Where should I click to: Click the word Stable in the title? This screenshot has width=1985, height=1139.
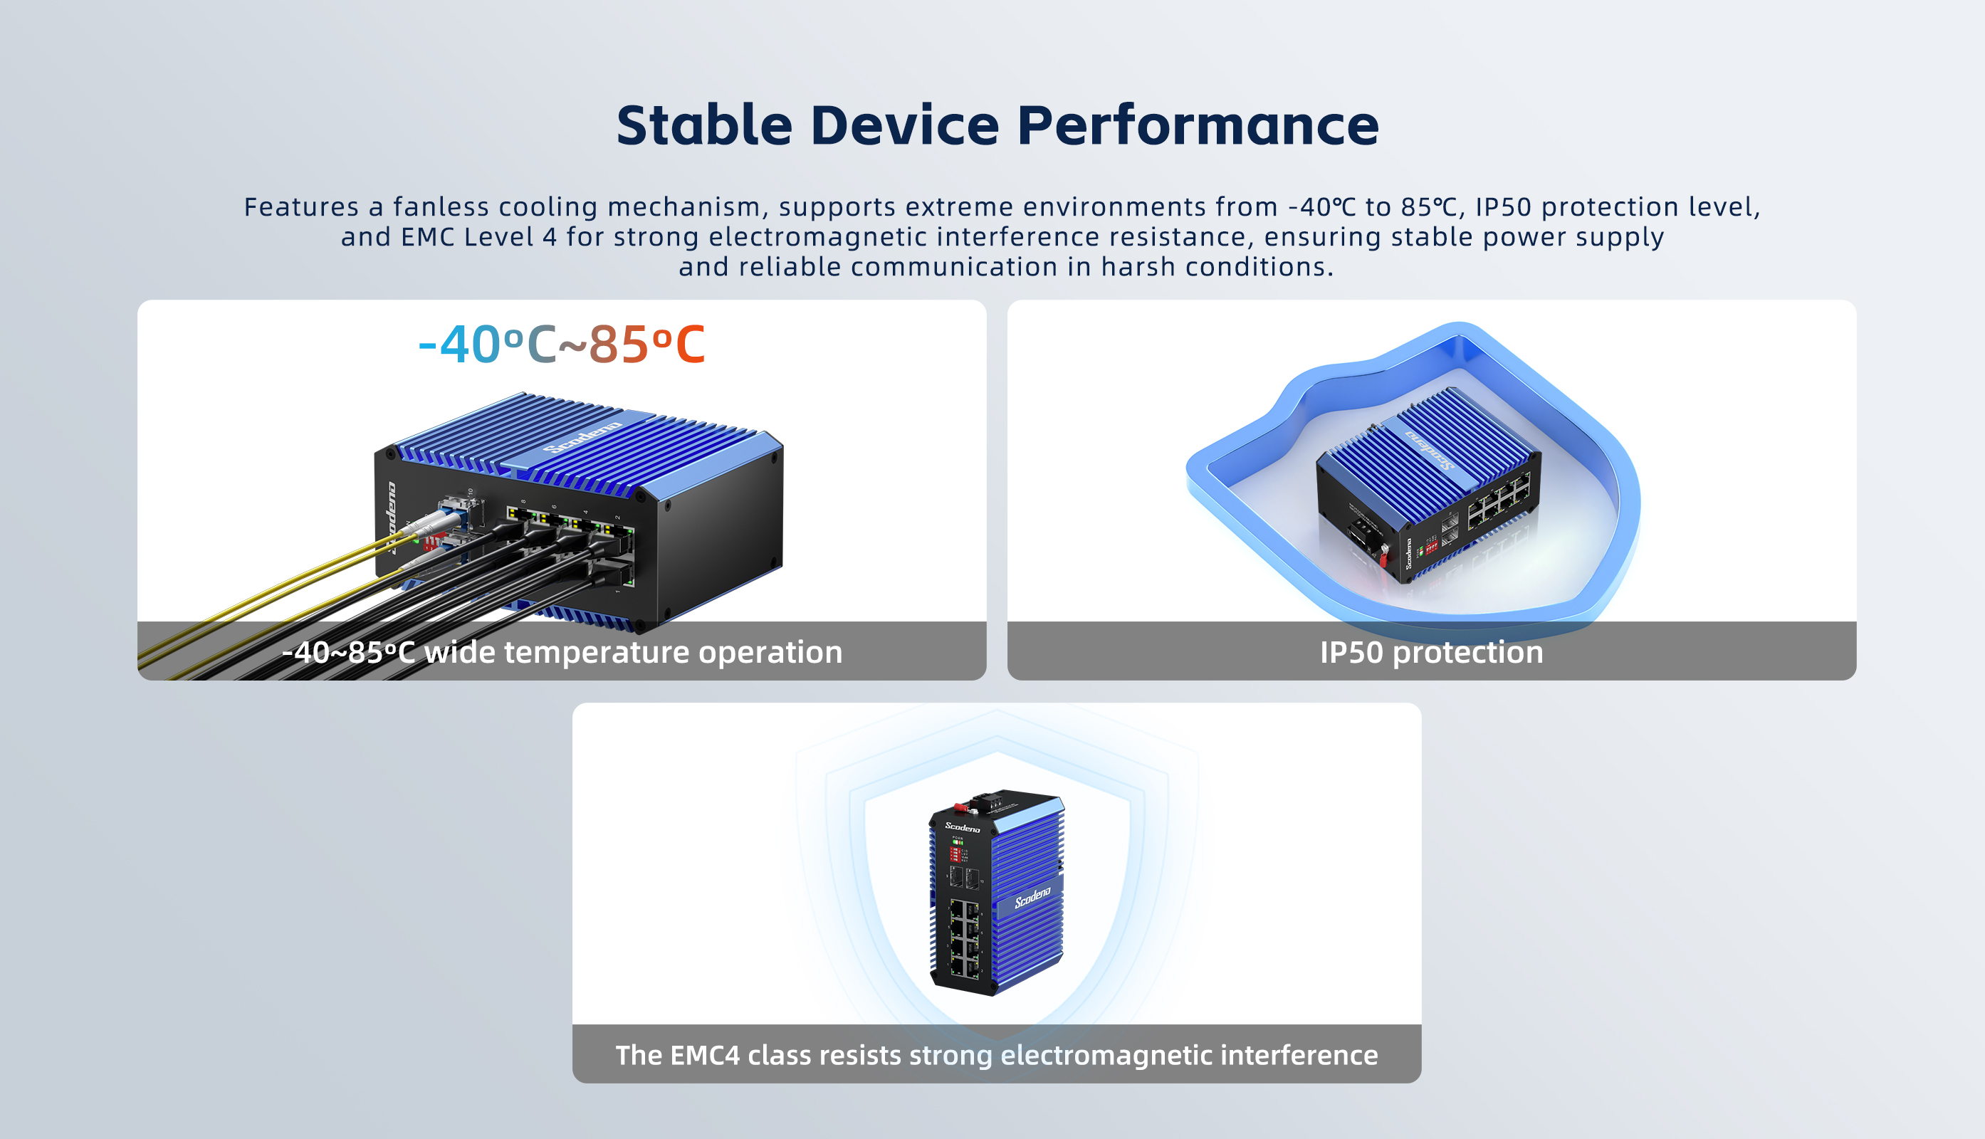click(x=704, y=125)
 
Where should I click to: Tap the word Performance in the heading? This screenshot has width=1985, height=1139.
click(x=1197, y=125)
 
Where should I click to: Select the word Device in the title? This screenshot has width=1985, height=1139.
click(x=904, y=125)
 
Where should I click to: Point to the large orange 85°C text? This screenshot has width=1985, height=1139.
click(x=646, y=345)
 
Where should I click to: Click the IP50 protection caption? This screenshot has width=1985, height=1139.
click(x=1431, y=652)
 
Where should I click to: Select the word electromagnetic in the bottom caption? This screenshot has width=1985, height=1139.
click(x=1106, y=1055)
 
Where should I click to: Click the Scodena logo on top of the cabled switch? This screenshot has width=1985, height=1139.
click(x=582, y=437)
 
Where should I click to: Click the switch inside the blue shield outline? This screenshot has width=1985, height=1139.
click(x=1429, y=485)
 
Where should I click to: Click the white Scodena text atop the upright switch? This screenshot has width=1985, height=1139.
click(x=963, y=827)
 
